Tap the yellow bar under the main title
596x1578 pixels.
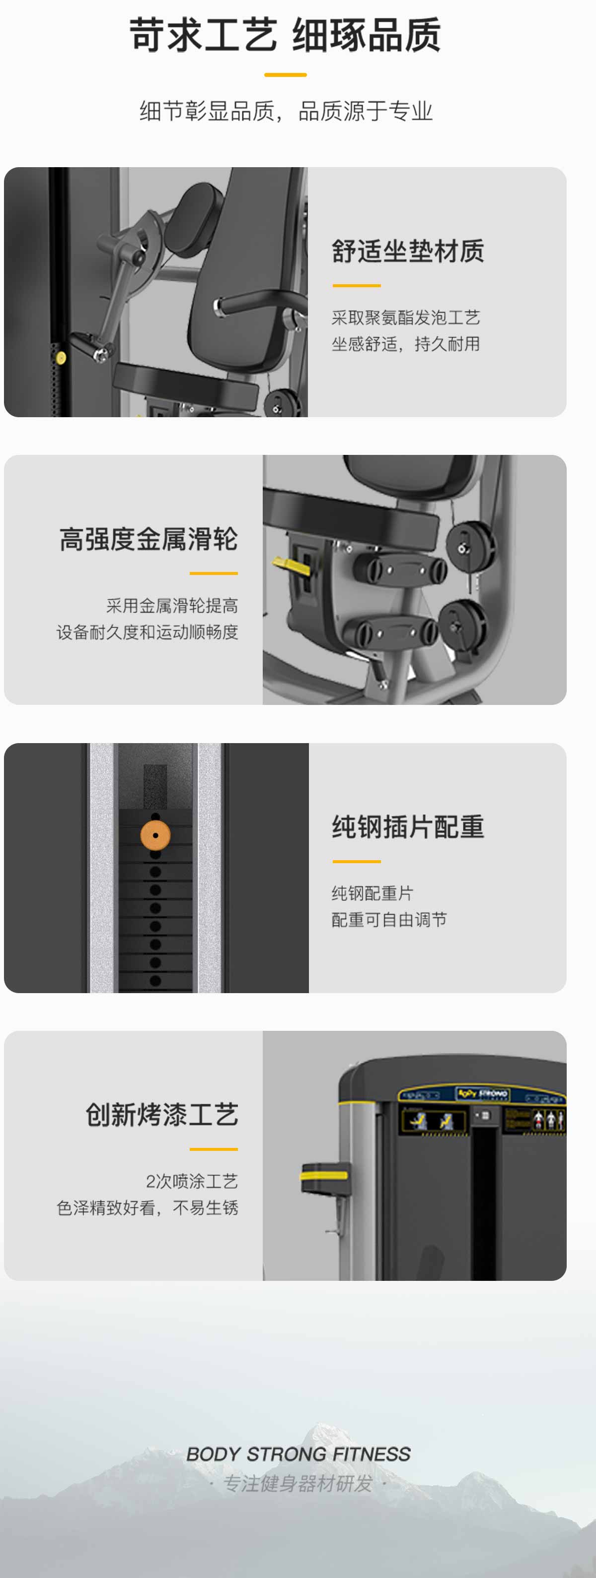pyautogui.click(x=285, y=75)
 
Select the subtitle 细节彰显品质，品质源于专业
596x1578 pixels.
pyautogui.click(x=286, y=111)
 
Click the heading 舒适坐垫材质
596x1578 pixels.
pyautogui.click(x=408, y=251)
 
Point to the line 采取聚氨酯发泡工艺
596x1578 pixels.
pyautogui.click(x=405, y=317)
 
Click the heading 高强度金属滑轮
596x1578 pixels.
pyautogui.click(x=149, y=539)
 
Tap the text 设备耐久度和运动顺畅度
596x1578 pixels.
pyautogui.click(x=147, y=631)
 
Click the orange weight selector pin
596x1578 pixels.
pyautogui.click(x=155, y=835)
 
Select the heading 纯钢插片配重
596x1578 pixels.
pyautogui.click(x=408, y=827)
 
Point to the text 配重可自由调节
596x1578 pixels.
pyautogui.click(x=389, y=920)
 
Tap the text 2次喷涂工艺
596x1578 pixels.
pyautogui.click(x=191, y=1181)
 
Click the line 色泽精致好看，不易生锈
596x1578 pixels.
pyautogui.click(x=147, y=1207)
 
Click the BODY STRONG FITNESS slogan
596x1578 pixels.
pyautogui.click(x=298, y=1453)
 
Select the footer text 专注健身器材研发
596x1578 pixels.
pyautogui.click(x=298, y=1483)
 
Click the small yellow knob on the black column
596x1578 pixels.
pyautogui.click(x=61, y=358)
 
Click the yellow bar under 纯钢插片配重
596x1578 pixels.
pyautogui.click(x=356, y=861)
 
